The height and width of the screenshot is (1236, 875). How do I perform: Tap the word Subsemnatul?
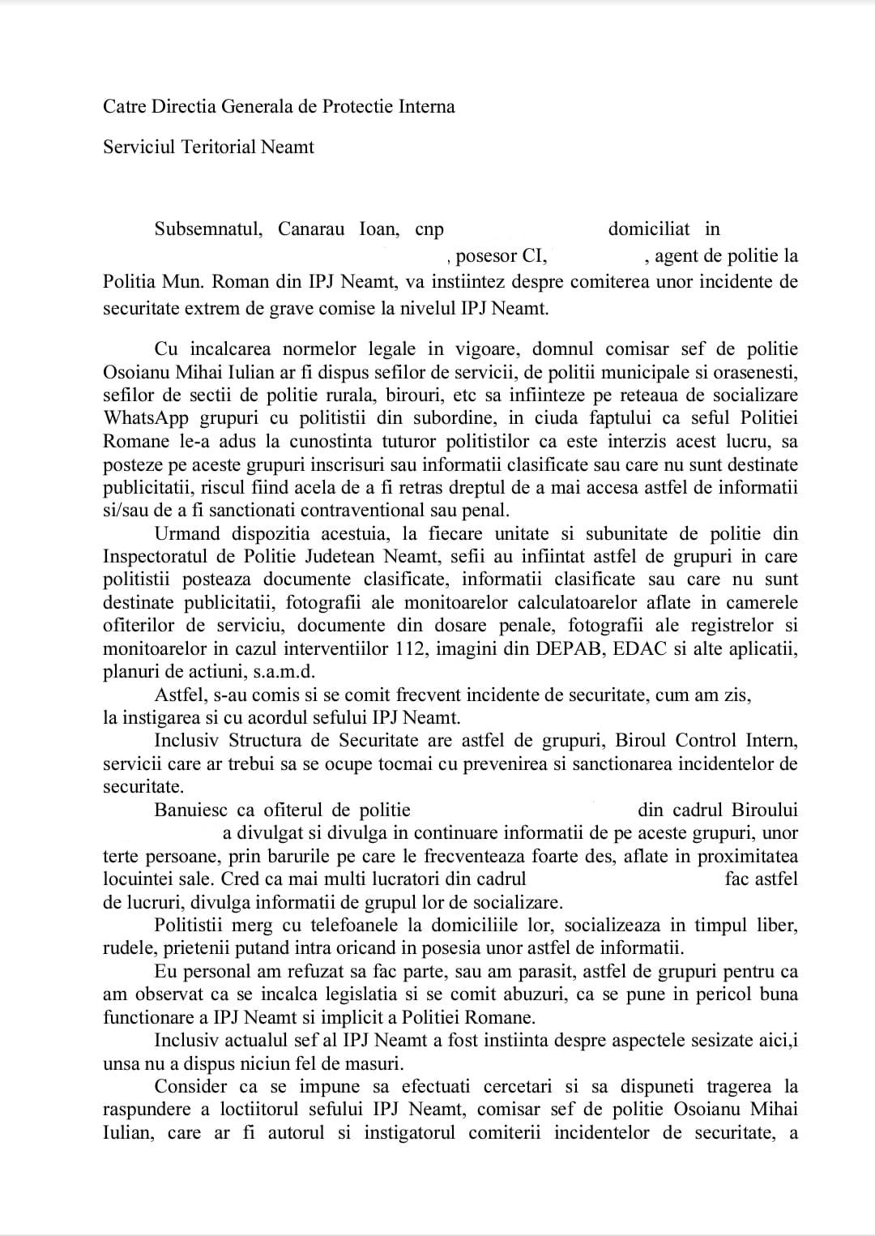(x=208, y=229)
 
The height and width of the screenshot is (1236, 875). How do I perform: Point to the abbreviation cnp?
(x=429, y=230)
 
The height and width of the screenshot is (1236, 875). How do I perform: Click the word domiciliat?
(x=649, y=229)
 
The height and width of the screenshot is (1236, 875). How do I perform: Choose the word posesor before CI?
(x=487, y=257)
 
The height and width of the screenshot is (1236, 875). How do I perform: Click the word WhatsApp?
(x=143, y=418)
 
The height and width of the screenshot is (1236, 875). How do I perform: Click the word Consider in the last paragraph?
(x=192, y=1087)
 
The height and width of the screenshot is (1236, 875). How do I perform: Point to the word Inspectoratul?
(x=156, y=557)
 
